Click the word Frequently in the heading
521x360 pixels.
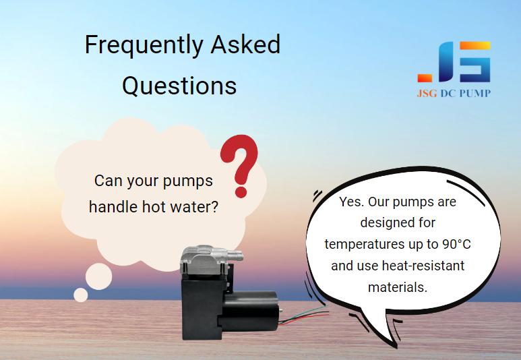(x=144, y=45)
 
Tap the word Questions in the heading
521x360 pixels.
(x=179, y=86)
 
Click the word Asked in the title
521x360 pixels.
(x=245, y=44)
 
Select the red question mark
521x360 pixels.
(x=240, y=166)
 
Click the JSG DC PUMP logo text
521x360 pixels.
(x=454, y=94)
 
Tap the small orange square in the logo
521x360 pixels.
(x=425, y=78)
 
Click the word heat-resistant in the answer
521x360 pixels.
(x=423, y=266)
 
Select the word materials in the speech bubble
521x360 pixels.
(x=398, y=287)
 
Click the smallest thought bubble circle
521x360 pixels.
(x=81, y=295)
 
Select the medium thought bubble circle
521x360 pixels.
(x=98, y=276)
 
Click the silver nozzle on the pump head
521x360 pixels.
(x=236, y=256)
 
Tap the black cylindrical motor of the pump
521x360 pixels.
(x=250, y=311)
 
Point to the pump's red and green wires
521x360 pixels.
(x=303, y=315)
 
